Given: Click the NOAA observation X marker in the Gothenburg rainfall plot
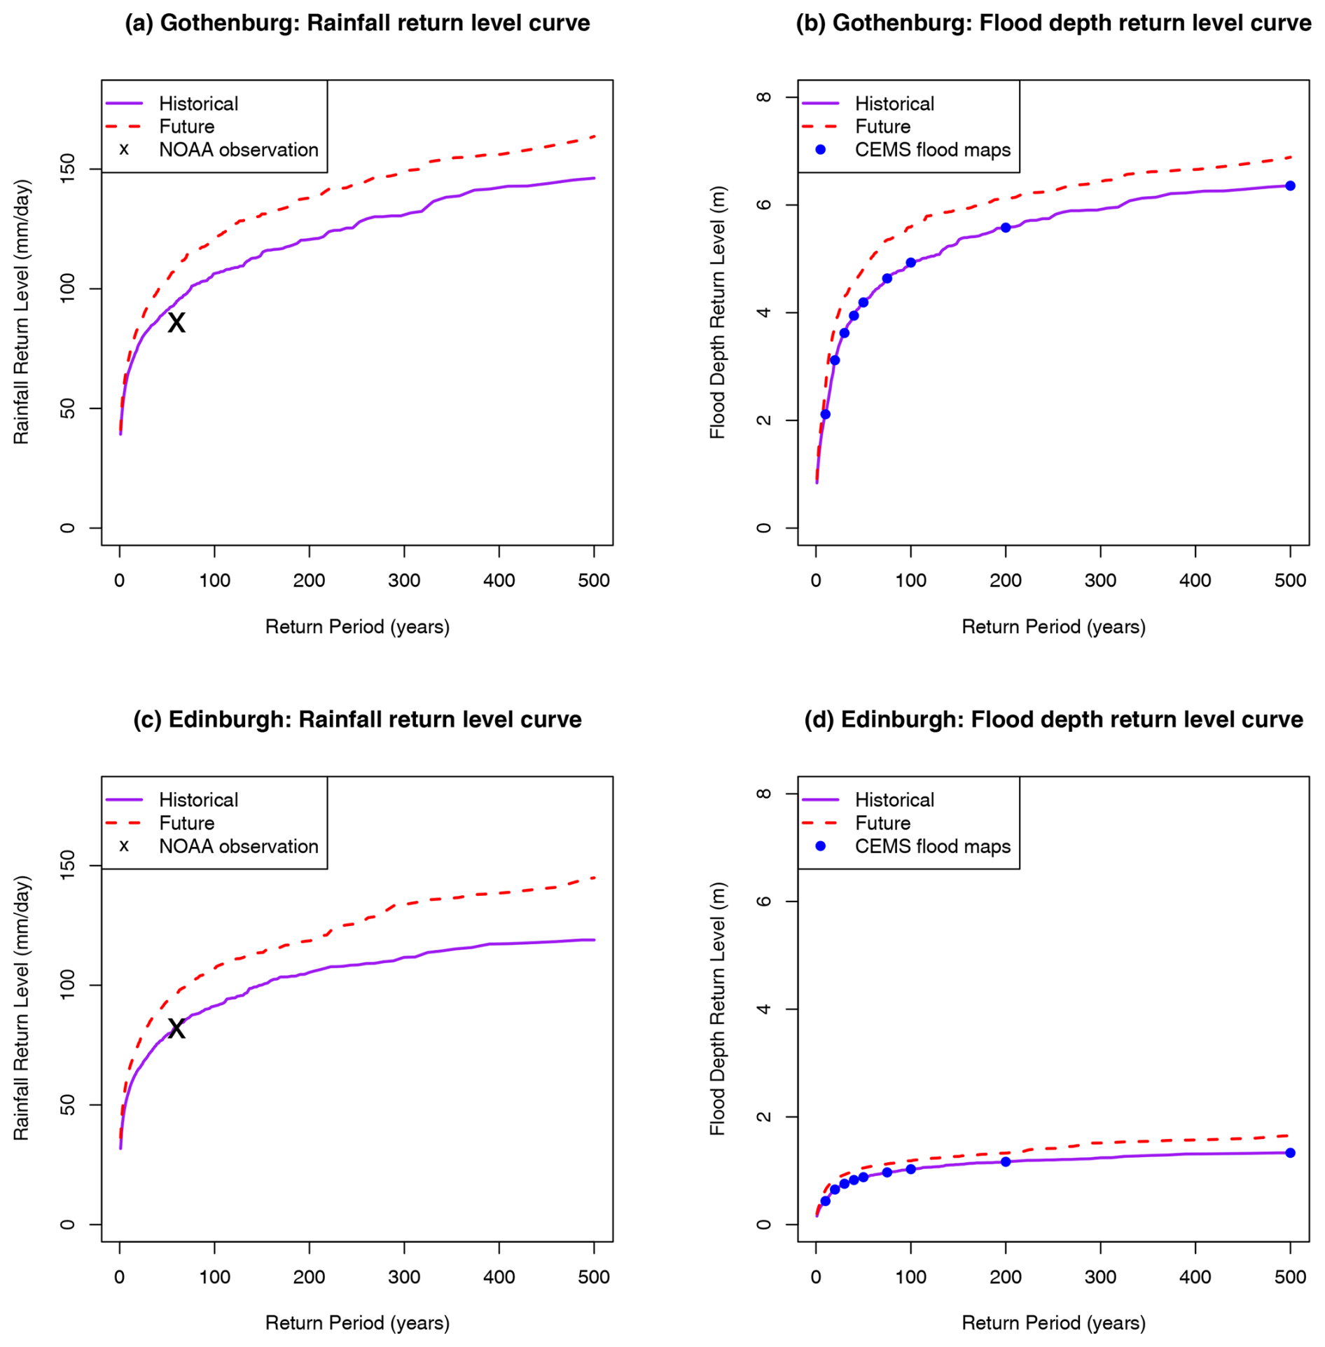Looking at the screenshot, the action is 176,323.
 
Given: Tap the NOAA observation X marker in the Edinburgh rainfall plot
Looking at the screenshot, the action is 176,1028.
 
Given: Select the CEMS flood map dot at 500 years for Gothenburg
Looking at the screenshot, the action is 1290,186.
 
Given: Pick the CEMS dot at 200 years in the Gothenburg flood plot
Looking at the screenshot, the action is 1006,228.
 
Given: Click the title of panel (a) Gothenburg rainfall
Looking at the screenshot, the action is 357,23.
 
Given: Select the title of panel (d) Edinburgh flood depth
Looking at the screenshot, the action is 1053,719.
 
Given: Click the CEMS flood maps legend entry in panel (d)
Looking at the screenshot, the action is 906,846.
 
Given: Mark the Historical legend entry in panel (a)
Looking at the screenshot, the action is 172,104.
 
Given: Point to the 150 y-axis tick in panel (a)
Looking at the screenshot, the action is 68,169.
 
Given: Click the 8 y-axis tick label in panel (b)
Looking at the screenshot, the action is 764,97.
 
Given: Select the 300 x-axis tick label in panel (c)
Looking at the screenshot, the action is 404,1276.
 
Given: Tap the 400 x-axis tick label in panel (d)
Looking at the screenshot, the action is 1195,1276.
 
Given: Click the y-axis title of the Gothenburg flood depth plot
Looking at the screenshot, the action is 718,312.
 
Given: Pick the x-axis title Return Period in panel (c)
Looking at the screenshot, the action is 357,1322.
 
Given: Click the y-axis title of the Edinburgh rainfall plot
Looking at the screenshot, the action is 22,1008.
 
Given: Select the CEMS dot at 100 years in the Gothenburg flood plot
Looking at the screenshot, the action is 910,263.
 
